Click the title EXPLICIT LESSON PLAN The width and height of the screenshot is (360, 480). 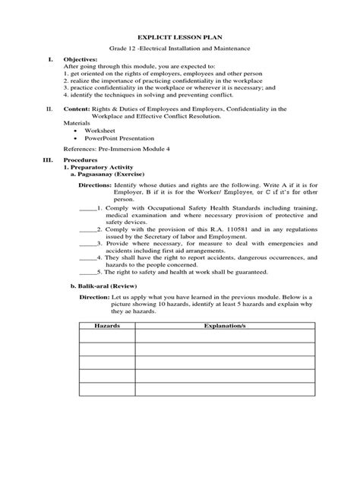click(x=179, y=36)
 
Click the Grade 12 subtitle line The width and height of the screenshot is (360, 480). click(x=179, y=48)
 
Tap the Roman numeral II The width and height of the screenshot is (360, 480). click(x=49, y=109)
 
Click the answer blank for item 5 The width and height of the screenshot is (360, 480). click(x=87, y=272)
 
